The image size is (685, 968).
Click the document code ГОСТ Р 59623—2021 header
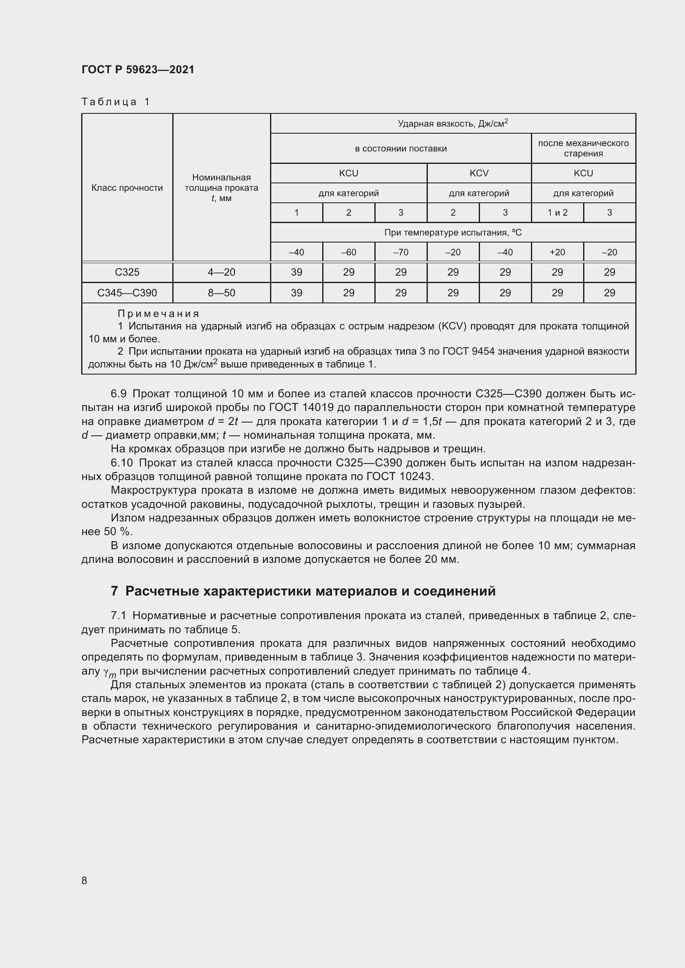[x=138, y=70]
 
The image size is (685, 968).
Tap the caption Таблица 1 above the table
[x=116, y=102]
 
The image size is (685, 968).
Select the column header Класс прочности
[x=127, y=188]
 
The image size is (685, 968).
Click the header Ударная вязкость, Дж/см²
[x=453, y=123]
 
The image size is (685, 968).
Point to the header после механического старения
[x=583, y=149]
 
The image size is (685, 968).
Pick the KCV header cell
[x=479, y=173]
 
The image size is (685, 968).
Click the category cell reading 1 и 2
[x=557, y=213]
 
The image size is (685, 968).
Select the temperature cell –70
[x=400, y=252]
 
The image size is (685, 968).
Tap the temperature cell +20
[x=557, y=252]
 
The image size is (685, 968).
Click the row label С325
[x=127, y=272]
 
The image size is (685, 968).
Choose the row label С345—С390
[x=127, y=293]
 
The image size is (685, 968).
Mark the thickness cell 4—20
[x=222, y=272]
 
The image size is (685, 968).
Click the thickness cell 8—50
[x=222, y=293]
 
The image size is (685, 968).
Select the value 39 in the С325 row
[x=297, y=272]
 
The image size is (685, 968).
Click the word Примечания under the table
[x=158, y=314]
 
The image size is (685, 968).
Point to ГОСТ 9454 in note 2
[x=468, y=351]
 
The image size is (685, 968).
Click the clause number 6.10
[x=121, y=463]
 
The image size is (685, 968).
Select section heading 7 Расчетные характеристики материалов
[x=303, y=591]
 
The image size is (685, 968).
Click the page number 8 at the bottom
[x=84, y=880]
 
